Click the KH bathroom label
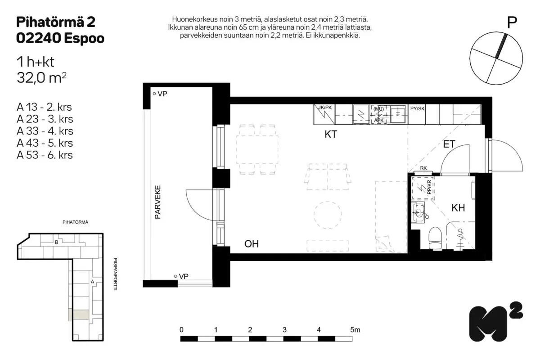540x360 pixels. point(458,207)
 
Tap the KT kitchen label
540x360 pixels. point(331,134)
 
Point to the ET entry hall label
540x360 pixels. point(449,144)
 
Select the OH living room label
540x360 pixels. point(252,244)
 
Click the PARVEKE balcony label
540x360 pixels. point(157,202)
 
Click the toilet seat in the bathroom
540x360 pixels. point(435,238)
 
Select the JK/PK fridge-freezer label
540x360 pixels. point(325,108)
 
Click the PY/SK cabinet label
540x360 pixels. point(417,108)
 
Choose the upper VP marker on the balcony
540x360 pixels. point(160,94)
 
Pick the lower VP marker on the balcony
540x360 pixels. point(181,276)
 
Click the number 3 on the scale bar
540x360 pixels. point(284,329)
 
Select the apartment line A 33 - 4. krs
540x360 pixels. point(45,131)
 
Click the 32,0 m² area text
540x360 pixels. point(41,77)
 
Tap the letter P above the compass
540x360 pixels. point(512,23)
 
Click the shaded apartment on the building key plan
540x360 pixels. point(79,315)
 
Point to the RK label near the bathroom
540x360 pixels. point(423,168)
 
